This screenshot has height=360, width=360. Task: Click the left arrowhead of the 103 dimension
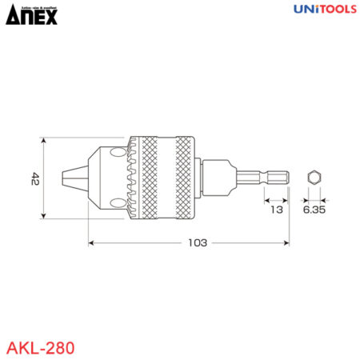tap(91, 242)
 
